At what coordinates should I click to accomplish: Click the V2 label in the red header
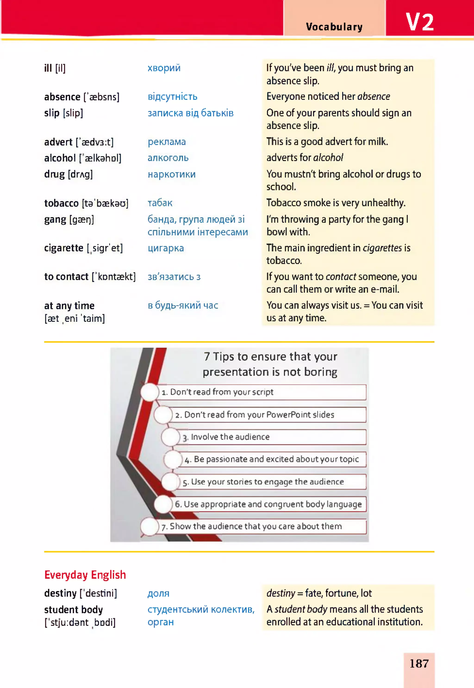[x=419, y=22]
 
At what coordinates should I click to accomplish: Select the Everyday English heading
[x=85, y=575]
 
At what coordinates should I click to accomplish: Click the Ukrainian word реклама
[x=167, y=142]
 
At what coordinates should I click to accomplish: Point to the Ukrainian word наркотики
[x=171, y=174]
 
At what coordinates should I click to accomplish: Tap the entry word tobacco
[x=61, y=203]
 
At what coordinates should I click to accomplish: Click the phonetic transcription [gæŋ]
[x=81, y=220]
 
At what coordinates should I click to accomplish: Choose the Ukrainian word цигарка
[x=166, y=248]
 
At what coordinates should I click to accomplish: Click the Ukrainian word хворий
[x=164, y=68]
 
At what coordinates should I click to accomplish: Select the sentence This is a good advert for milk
[x=327, y=141]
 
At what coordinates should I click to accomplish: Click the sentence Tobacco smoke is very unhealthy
[x=336, y=203]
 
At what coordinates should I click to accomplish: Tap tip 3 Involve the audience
[x=230, y=437]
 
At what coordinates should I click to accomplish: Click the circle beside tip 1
[x=149, y=392]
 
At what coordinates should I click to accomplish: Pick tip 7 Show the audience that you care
[x=256, y=526]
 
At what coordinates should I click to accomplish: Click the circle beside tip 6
[x=163, y=504]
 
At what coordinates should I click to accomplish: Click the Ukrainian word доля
[x=158, y=593]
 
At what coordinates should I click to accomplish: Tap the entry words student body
[x=73, y=609]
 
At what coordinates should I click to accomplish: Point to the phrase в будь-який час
[x=183, y=305]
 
